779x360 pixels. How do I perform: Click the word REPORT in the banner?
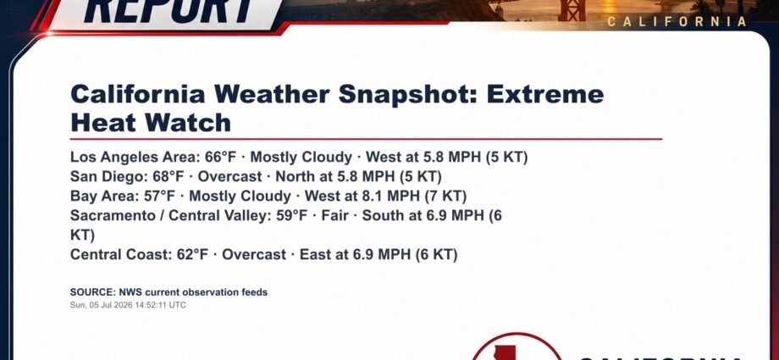(x=169, y=10)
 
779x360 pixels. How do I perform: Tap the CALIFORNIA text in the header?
(x=677, y=21)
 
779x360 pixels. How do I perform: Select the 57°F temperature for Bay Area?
(x=159, y=196)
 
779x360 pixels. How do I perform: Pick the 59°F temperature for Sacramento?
(x=292, y=215)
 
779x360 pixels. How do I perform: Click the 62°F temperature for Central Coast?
(x=193, y=255)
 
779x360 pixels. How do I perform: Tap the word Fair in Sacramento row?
(x=334, y=215)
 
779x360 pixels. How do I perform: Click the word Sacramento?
(x=113, y=215)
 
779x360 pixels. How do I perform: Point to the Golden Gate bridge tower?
(x=572, y=10)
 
